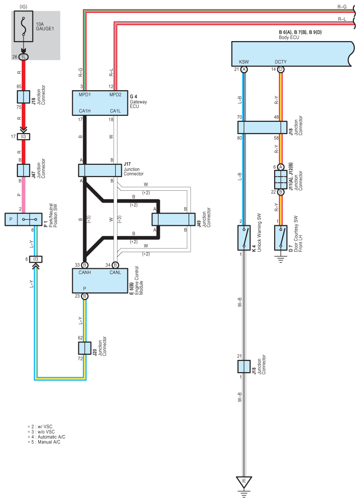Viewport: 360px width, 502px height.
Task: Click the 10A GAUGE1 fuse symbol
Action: point(24,26)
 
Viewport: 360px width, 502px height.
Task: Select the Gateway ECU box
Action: point(100,103)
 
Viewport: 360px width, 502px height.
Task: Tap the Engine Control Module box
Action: point(100,281)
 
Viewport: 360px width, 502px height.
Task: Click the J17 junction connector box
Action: point(100,170)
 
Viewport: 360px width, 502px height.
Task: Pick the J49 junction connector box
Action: point(174,220)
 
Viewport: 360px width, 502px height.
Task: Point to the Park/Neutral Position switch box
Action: point(24,219)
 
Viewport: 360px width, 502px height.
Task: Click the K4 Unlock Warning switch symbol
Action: point(244,238)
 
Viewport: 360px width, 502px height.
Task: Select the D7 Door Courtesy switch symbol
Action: point(281,238)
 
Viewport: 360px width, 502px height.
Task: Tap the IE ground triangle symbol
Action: point(244,482)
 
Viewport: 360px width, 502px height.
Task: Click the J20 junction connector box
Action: point(85,348)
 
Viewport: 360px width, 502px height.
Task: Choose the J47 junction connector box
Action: point(24,170)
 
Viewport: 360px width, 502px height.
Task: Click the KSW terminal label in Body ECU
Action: point(244,62)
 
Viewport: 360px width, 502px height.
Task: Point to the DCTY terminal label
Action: point(281,62)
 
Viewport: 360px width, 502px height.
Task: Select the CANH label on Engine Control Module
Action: point(85,272)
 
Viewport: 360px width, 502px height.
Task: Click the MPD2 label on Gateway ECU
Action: point(116,94)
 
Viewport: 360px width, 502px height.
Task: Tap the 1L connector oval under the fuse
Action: point(24,57)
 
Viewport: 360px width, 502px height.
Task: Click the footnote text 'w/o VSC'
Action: point(46,432)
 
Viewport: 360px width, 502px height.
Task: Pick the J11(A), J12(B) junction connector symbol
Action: point(281,179)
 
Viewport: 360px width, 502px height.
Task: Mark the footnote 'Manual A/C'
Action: point(49,442)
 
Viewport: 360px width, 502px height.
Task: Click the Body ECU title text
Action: point(289,37)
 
